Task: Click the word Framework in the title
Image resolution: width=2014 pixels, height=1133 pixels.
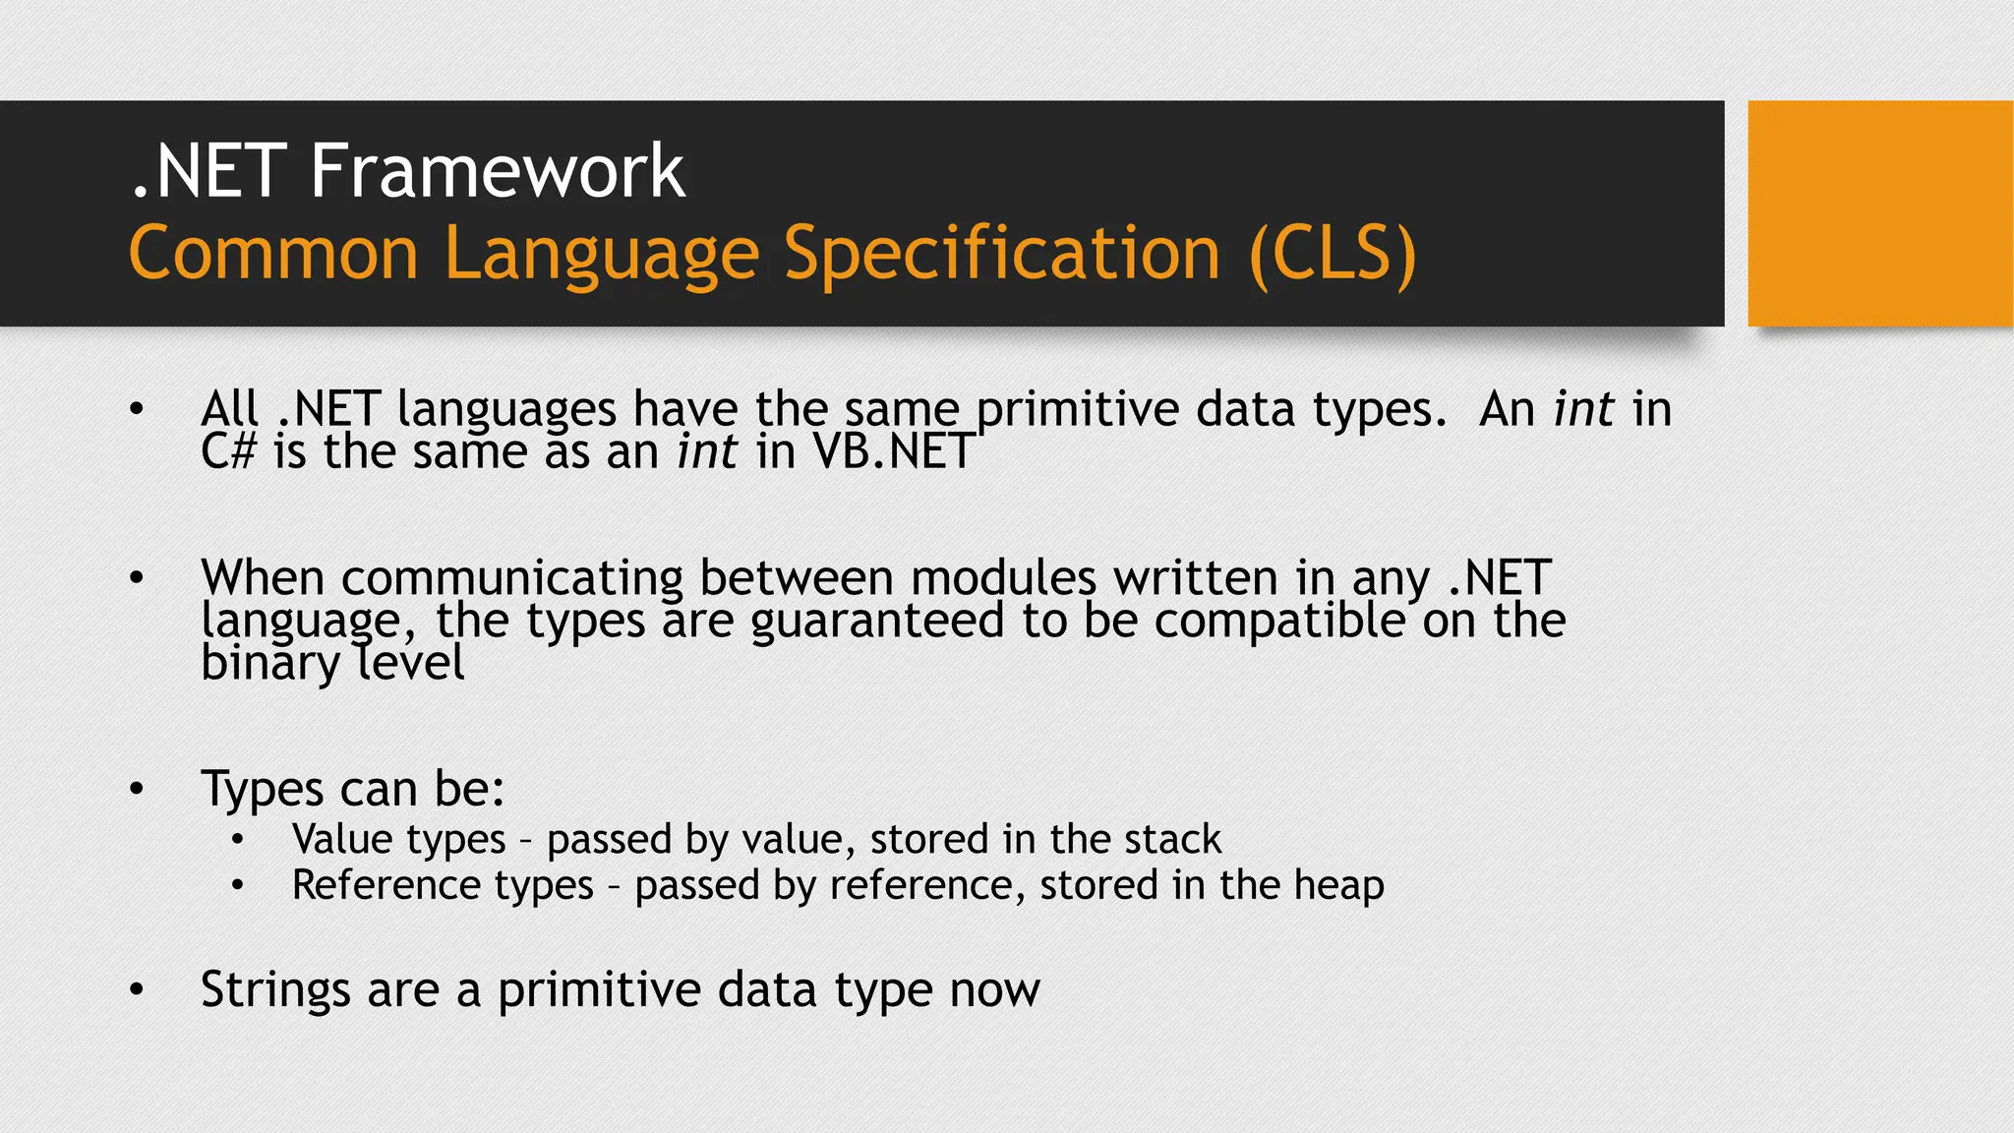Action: [x=497, y=171]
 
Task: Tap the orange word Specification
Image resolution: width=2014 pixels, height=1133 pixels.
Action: [x=1002, y=254]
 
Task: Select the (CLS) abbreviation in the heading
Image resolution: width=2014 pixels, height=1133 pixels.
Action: [x=1333, y=254]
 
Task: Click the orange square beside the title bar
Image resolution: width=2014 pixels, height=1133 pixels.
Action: [x=1879, y=212]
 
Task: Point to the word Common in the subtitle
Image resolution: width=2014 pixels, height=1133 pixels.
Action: [x=273, y=254]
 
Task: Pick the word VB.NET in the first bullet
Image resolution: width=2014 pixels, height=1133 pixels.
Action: [x=893, y=452]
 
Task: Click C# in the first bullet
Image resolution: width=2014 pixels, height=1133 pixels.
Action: [x=228, y=452]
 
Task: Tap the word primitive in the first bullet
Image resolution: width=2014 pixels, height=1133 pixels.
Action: [x=1078, y=410]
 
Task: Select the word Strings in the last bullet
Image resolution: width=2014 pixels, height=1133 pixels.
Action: [x=275, y=989]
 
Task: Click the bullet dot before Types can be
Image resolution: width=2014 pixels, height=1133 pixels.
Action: [x=137, y=789]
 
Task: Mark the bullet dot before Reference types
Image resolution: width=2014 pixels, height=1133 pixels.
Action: [x=237, y=886]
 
